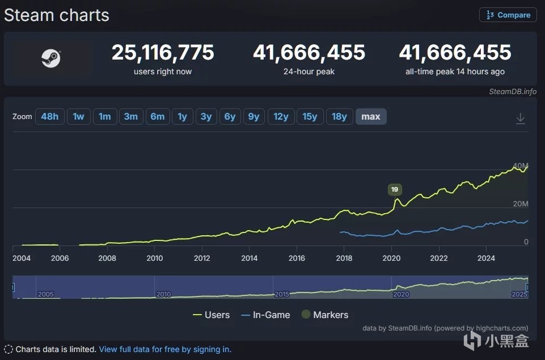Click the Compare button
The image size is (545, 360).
click(508, 15)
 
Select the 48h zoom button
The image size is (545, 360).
click(49, 117)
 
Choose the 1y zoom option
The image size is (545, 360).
click(182, 117)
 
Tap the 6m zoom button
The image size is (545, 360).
click(157, 117)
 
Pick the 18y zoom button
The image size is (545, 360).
click(339, 117)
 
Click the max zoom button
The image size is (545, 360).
click(371, 117)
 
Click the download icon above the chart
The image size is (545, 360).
click(520, 118)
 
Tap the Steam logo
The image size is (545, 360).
click(51, 58)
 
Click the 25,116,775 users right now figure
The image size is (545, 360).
click(163, 53)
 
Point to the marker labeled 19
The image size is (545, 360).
click(395, 189)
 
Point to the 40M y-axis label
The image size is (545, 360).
click(520, 166)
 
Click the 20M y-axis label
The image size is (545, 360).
click(521, 204)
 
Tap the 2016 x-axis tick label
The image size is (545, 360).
click(297, 259)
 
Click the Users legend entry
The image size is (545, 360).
click(211, 315)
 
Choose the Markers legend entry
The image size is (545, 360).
click(324, 315)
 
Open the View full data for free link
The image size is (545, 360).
click(165, 349)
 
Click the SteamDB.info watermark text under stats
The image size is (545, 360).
click(512, 92)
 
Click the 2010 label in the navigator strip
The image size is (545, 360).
click(163, 294)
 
